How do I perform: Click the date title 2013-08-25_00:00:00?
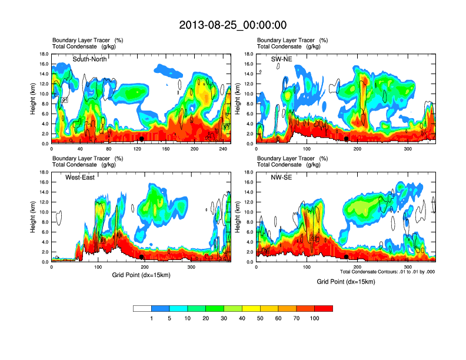(x=232, y=25)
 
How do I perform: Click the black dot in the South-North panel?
(x=141, y=138)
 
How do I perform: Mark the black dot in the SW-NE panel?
(x=347, y=139)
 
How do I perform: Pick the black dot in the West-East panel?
(x=141, y=256)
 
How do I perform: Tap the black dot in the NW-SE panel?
(x=347, y=256)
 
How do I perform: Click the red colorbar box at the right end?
(x=324, y=308)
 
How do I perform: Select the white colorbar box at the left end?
(x=142, y=308)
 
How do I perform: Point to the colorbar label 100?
(x=315, y=318)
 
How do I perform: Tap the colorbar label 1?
(x=151, y=318)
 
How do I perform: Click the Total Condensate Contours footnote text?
(x=386, y=271)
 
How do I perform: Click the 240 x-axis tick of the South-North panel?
(x=221, y=149)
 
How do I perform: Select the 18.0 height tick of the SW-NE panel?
(x=248, y=54)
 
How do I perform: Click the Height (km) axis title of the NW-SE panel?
(x=237, y=217)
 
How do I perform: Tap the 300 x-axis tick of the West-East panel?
(x=192, y=267)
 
